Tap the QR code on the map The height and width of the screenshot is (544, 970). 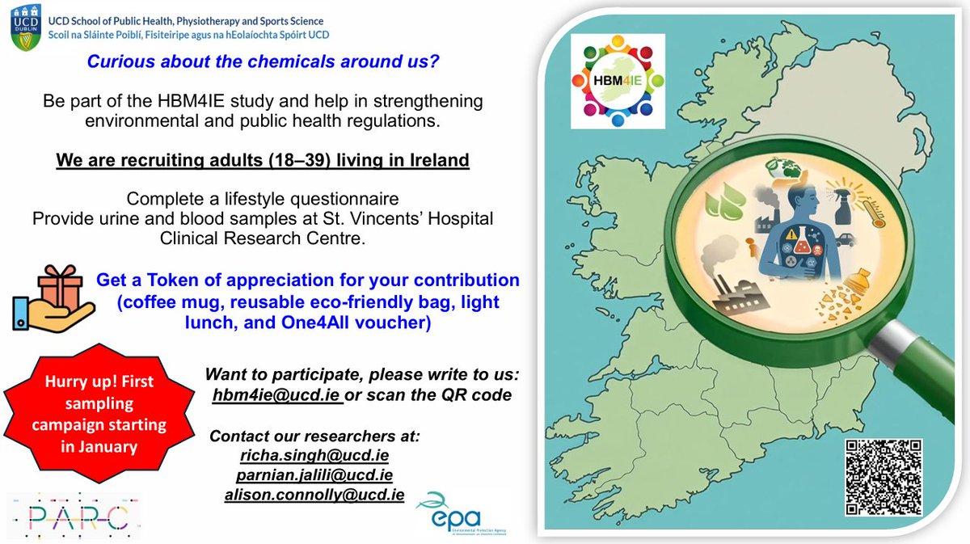pyautogui.click(x=884, y=477)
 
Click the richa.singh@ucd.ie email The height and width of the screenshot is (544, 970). pyautogui.click(x=314, y=456)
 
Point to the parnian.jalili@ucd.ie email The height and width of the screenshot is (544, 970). pyautogui.click(x=314, y=475)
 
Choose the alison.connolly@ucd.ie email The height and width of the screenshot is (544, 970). pyautogui.click(x=314, y=495)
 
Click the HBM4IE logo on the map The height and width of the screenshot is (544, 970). pyautogui.click(x=617, y=81)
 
